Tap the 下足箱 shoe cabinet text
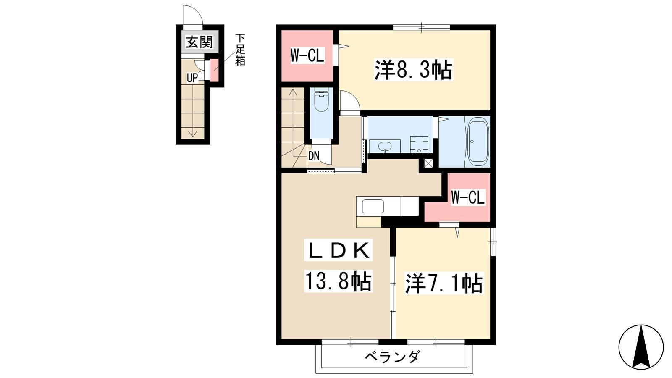[240, 50]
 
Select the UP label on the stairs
[192, 78]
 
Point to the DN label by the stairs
[314, 156]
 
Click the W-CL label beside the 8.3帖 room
[307, 55]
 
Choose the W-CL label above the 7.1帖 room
[468, 197]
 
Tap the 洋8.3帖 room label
[413, 70]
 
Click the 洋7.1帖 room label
[444, 283]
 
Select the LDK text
[339, 250]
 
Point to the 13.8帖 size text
[339, 281]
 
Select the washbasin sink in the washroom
[385, 147]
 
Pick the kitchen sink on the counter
[373, 206]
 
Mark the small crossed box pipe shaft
[428, 163]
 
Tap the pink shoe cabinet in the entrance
[214, 70]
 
